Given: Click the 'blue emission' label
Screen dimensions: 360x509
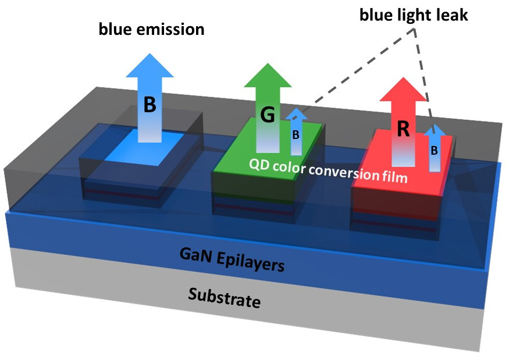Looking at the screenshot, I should click(151, 28).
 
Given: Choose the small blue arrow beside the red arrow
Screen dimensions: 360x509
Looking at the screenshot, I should click(435, 148).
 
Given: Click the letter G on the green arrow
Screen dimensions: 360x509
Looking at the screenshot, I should click(268, 115).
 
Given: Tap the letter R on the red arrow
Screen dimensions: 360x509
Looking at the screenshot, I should click(403, 129).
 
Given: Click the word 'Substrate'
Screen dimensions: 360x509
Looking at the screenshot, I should click(223, 297).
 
